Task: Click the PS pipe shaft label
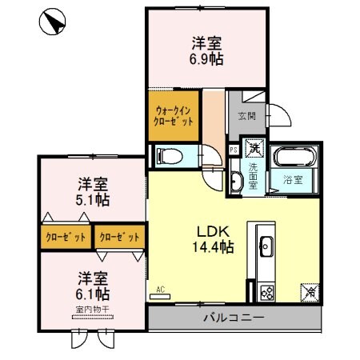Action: tap(234, 148)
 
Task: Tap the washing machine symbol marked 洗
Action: tap(254, 148)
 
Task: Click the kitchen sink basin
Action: tap(266, 245)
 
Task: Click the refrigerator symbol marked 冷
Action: tap(308, 292)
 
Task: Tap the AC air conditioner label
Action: tap(159, 289)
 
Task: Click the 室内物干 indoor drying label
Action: tap(94, 310)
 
